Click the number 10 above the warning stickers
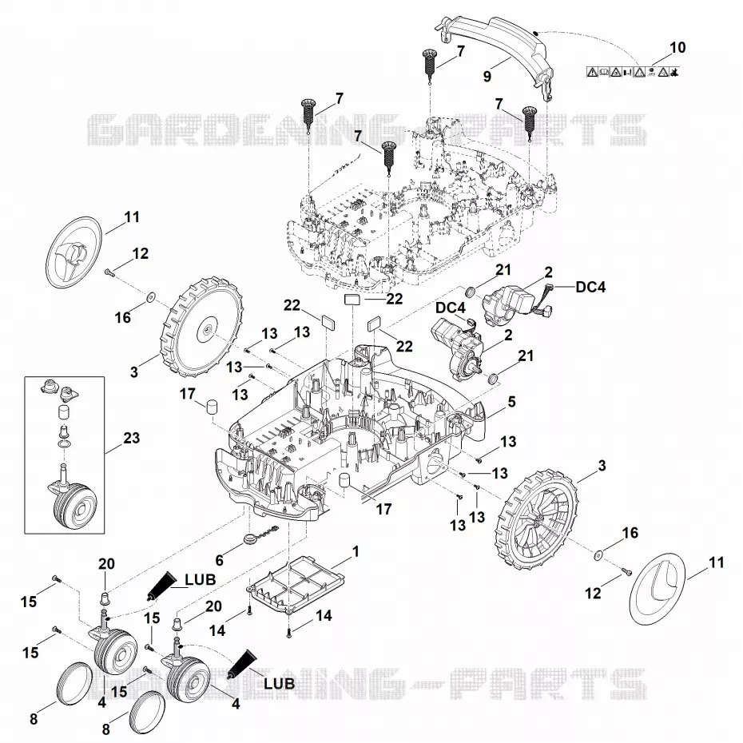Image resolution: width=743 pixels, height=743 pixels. click(677, 47)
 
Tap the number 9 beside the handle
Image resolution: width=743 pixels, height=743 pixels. click(487, 76)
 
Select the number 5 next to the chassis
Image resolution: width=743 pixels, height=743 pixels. click(512, 402)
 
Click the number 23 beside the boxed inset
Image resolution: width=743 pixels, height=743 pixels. click(131, 438)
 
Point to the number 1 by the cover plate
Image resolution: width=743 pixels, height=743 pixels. click(356, 551)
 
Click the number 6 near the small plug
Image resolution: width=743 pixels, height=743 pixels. click(220, 561)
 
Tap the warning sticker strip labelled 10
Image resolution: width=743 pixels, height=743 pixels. click(633, 72)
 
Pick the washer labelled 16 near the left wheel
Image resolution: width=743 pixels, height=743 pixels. click(150, 296)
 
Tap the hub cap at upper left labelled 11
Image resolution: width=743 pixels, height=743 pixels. click(74, 252)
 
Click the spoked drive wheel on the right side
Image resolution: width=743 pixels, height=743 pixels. click(536, 519)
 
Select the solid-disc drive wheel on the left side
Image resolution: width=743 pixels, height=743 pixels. click(203, 330)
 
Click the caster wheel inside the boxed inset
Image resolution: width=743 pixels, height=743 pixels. click(74, 503)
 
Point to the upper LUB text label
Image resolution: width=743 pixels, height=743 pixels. click(200, 579)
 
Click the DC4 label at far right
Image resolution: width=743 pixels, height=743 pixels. click(590, 287)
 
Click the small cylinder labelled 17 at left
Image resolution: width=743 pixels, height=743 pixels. click(212, 407)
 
